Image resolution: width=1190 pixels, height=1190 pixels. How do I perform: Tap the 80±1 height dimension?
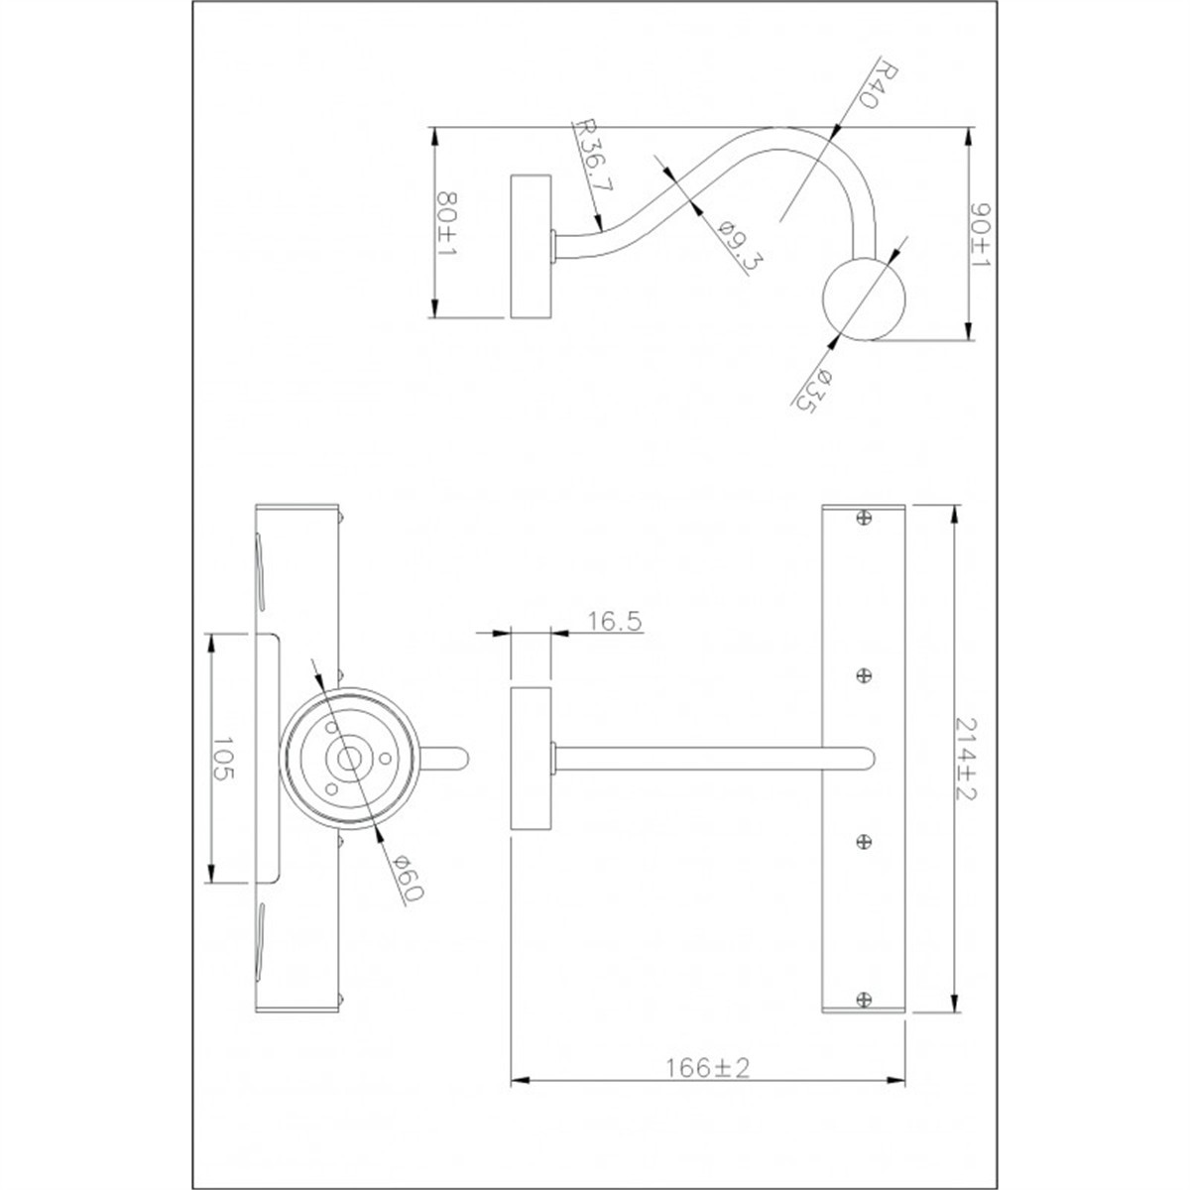pyautogui.click(x=447, y=224)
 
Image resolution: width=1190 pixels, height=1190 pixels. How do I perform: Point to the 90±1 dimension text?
pyautogui.click(x=980, y=235)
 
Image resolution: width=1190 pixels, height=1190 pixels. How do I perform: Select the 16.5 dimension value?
pyautogui.click(x=614, y=620)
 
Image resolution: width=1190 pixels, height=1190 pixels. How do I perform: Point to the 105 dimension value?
pyautogui.click(x=223, y=758)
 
